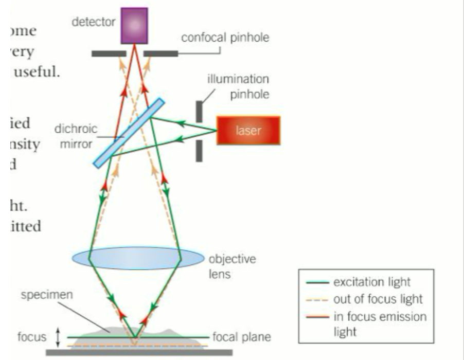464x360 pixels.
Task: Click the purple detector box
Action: coord(134,25)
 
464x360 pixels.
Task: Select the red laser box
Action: coord(248,130)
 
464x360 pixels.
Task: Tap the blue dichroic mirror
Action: coord(129,133)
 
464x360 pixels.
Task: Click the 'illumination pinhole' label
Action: coord(238,87)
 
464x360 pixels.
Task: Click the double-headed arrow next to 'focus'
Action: coord(58,337)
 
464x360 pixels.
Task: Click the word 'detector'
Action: coord(93,23)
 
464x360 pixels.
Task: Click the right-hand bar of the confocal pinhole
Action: coord(160,53)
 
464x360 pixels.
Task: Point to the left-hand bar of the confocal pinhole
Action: coord(109,53)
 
